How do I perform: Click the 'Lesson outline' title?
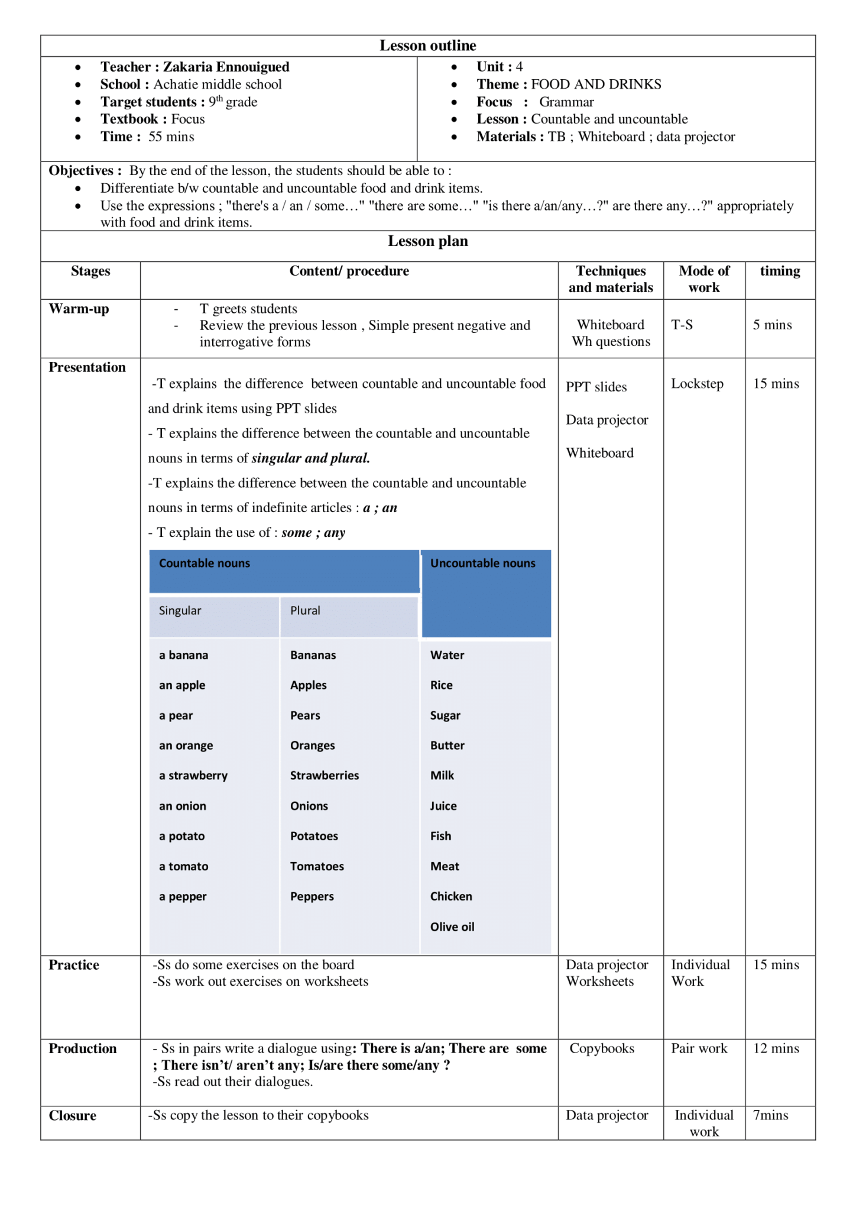(x=427, y=46)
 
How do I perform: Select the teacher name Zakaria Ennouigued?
(x=226, y=67)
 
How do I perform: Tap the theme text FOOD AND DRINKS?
(x=596, y=85)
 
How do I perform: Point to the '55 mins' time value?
(x=171, y=137)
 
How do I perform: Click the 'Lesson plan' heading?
(x=427, y=241)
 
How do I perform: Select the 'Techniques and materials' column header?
(x=611, y=279)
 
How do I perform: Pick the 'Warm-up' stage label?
(x=79, y=309)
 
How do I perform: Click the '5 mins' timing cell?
(x=772, y=325)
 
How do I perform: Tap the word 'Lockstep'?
(x=697, y=384)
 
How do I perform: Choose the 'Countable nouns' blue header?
(x=205, y=563)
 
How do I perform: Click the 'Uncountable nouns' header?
(x=482, y=563)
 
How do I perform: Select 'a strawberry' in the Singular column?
(x=193, y=775)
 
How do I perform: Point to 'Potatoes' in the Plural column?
(x=314, y=836)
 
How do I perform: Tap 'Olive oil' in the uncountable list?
(x=452, y=927)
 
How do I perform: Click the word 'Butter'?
(x=447, y=745)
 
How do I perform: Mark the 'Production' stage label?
(x=83, y=1048)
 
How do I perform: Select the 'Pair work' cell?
(x=699, y=1048)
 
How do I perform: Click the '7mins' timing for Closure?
(x=770, y=1115)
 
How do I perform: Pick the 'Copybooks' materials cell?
(x=602, y=1048)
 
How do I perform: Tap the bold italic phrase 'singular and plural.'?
(x=310, y=458)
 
